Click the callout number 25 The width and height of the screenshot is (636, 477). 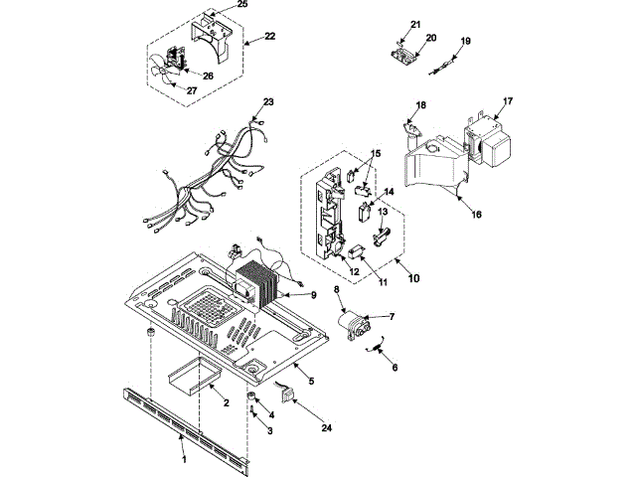click(242, 5)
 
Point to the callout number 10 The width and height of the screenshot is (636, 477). click(413, 278)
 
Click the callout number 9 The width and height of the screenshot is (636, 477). click(313, 295)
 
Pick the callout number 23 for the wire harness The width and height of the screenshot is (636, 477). click(267, 102)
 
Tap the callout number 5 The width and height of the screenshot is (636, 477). click(310, 381)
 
